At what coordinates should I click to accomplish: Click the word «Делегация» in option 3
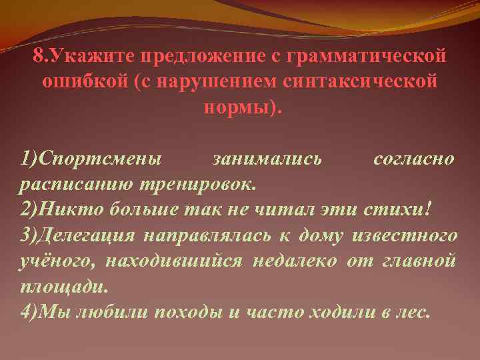87,235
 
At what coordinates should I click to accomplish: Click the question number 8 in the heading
38,57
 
